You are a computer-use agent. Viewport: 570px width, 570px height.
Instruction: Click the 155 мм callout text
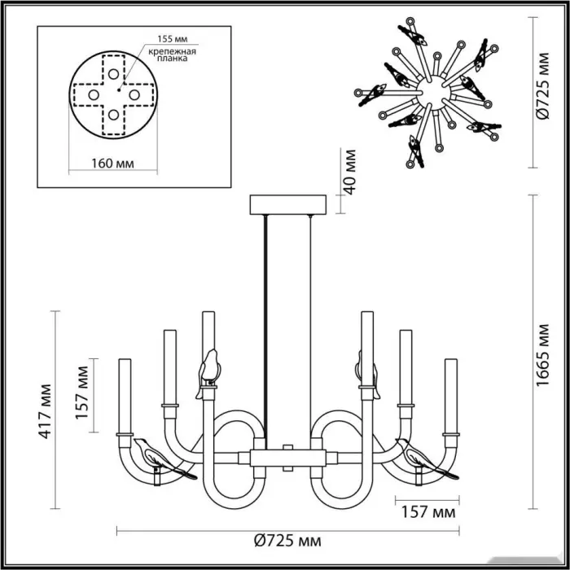(173, 38)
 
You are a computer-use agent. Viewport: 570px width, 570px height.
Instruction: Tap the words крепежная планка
(173, 55)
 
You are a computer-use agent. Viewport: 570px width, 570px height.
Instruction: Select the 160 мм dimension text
(112, 163)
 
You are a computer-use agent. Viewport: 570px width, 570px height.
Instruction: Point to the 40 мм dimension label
(349, 172)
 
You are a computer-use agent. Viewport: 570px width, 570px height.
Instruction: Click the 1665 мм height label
(542, 355)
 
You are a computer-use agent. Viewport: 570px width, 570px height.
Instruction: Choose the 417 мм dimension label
(45, 411)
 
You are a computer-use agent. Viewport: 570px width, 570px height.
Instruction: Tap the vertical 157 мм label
(81, 392)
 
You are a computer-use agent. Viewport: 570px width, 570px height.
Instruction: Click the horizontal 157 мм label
(427, 512)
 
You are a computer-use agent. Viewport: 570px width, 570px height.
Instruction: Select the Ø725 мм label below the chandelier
(287, 541)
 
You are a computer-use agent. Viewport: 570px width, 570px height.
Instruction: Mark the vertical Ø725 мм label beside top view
(543, 85)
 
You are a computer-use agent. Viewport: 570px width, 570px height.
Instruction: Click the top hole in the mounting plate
(113, 74)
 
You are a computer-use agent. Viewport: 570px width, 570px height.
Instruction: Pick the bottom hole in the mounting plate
(113, 115)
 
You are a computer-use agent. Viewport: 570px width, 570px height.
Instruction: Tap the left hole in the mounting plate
(94, 95)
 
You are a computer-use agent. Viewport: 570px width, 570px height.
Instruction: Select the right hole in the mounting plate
(134, 95)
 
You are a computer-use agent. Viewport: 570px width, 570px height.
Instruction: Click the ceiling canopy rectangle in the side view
(288, 204)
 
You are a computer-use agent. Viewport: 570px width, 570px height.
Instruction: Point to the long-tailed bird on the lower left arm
(165, 458)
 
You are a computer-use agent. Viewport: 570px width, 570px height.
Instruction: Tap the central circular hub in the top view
(433, 94)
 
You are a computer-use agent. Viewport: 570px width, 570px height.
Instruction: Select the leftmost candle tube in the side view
(125, 397)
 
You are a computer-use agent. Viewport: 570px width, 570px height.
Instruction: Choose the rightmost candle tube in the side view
(451, 397)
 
